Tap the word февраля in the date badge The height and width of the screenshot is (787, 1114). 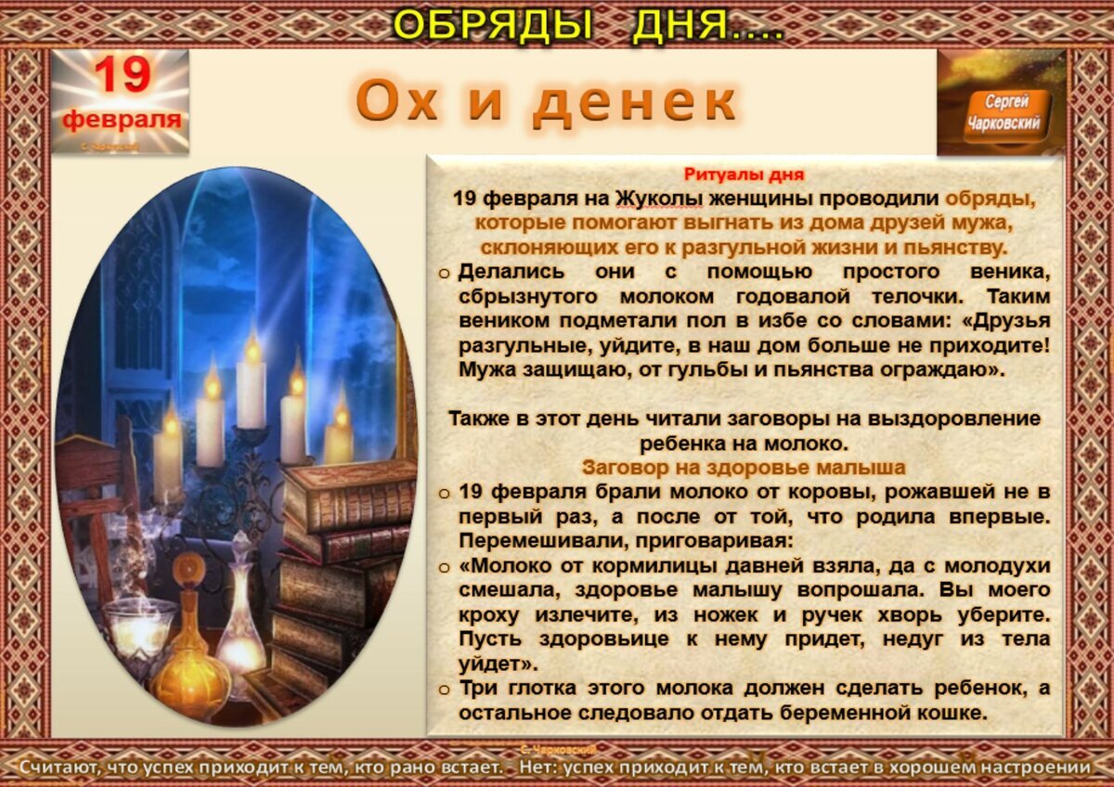tap(122, 120)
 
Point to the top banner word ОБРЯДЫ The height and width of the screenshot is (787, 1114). tap(492, 25)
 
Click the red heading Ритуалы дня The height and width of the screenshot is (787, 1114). tap(744, 174)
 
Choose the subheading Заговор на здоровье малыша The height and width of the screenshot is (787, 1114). tap(744, 467)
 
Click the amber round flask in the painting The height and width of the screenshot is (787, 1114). tap(189, 664)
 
